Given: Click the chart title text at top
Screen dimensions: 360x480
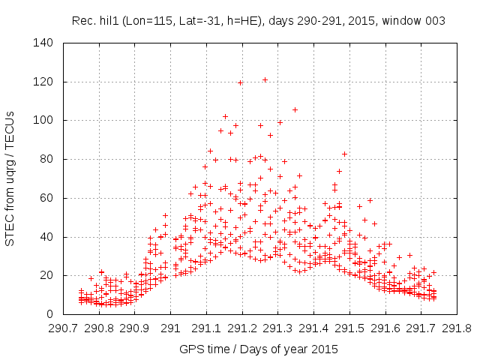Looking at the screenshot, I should pyautogui.click(x=258, y=21).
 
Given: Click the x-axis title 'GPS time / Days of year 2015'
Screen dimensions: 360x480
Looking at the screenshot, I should pyautogui.click(x=258, y=349).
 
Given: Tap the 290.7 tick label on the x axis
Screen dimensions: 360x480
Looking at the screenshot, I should pyautogui.click(x=63, y=328).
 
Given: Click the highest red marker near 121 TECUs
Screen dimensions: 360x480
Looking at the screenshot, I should pyautogui.click(x=265, y=79).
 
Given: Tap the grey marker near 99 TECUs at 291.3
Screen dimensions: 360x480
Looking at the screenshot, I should pyautogui.click(x=280, y=122).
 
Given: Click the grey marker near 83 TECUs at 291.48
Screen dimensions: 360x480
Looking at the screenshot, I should pyautogui.click(x=344, y=154).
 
